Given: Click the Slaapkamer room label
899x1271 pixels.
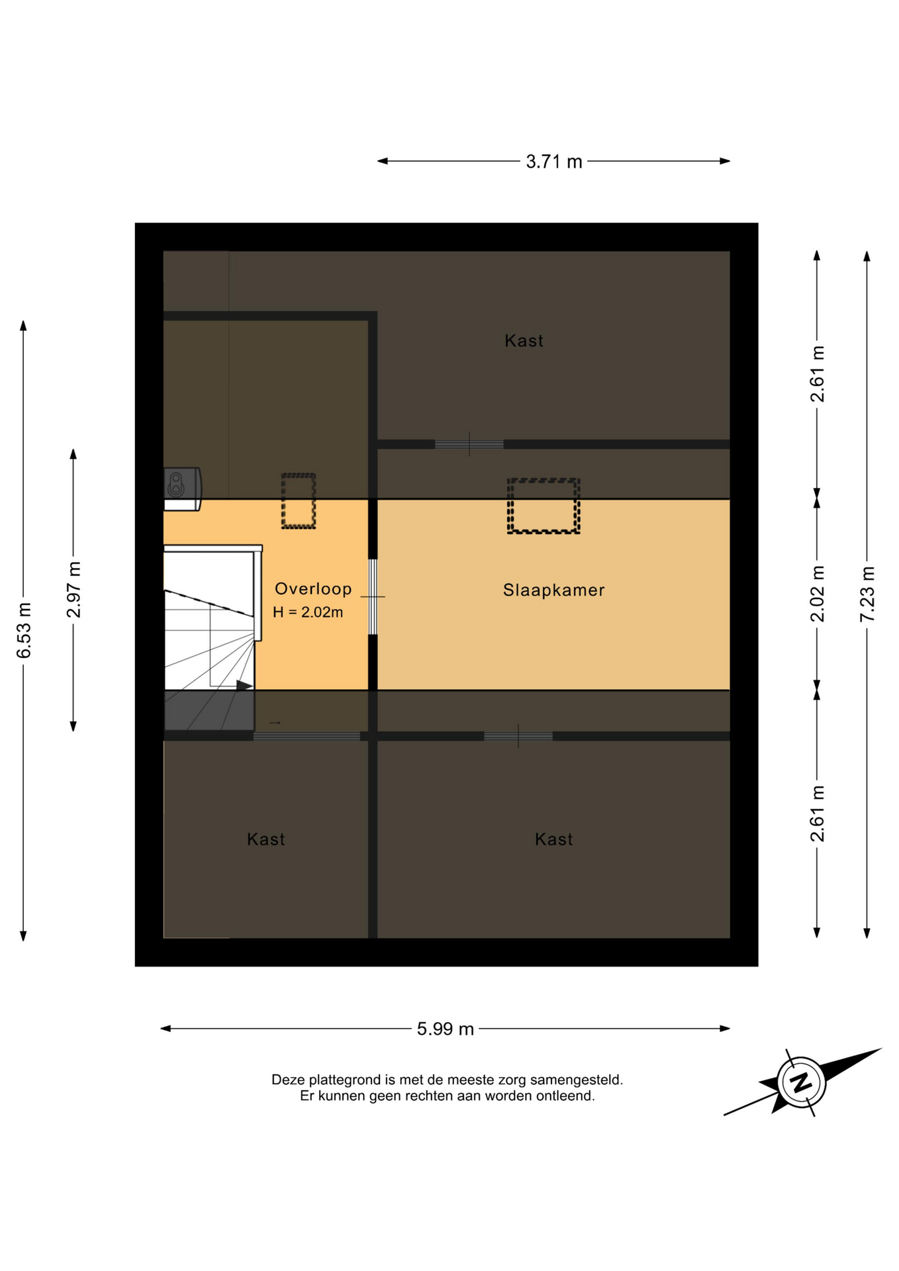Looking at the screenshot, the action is point(553,590).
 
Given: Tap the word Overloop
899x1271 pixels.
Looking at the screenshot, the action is point(313,588).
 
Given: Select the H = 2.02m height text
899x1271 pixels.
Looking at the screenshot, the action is point(308,612).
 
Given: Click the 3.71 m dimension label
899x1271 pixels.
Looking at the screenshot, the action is point(554,162).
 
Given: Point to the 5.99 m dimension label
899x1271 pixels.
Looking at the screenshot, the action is point(446,1029).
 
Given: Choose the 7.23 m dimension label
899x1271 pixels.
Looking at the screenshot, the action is point(867,594).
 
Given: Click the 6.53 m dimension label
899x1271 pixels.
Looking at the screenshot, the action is point(24,631).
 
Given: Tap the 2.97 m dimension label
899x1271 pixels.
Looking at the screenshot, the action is point(73,590).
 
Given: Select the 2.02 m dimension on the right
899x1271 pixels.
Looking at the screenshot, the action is point(818,594).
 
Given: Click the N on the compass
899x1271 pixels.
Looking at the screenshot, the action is point(801,1082).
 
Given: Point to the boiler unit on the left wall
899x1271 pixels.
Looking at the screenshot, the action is point(182,489).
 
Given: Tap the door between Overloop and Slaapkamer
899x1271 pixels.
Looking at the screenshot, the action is point(373,596).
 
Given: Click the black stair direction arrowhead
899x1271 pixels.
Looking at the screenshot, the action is point(244,686).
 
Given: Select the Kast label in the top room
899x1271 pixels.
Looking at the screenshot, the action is point(524,341).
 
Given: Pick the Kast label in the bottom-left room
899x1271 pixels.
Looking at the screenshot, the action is point(265,839).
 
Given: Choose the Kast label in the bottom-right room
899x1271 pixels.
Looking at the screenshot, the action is point(553,839).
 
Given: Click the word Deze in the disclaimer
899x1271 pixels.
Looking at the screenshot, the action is point(288,1080).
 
